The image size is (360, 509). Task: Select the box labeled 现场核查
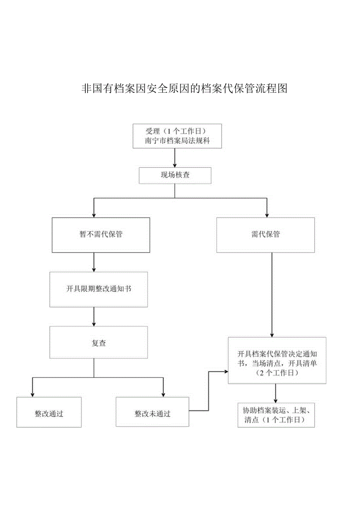pyautogui.click(x=175, y=175)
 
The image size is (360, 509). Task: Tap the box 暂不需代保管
pyautogui.click(x=101, y=235)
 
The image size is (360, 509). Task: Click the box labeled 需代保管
pyautogui.click(x=265, y=235)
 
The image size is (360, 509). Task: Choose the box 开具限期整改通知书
pyautogui.click(x=99, y=289)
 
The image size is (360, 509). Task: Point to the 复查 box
pyautogui.click(x=99, y=343)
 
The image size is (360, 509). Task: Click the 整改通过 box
pyautogui.click(x=49, y=412)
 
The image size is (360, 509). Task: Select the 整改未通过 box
pyautogui.click(x=153, y=412)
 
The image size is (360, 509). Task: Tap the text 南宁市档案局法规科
pyautogui.click(x=177, y=141)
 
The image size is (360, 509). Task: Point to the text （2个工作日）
pyautogui.click(x=277, y=373)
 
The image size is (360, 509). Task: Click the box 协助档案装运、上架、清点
pyautogui.click(x=276, y=415)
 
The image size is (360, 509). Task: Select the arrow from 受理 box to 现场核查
pyautogui.click(x=175, y=158)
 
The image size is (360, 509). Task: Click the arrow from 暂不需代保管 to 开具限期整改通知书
pyautogui.click(x=94, y=262)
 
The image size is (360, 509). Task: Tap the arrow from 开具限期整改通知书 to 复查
pyautogui.click(x=94, y=317)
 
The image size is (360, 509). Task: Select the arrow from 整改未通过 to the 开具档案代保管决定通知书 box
pyautogui.click(x=209, y=391)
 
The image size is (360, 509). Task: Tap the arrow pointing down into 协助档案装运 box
pyautogui.click(x=276, y=393)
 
